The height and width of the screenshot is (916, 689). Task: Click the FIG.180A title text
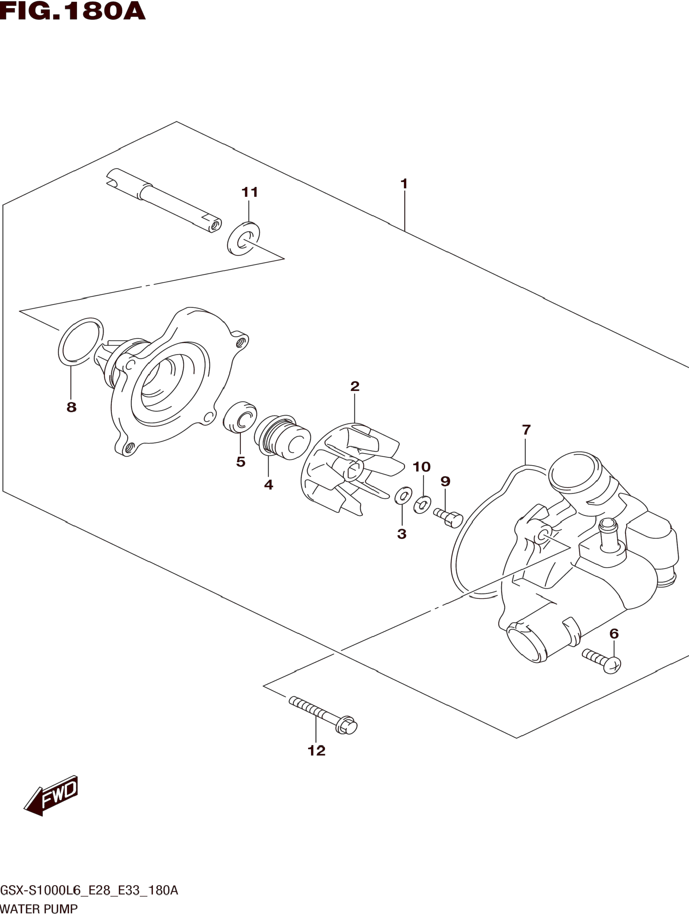pyautogui.click(x=73, y=11)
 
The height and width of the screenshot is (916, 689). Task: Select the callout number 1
pyautogui.click(x=404, y=183)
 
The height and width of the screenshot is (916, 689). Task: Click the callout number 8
pyautogui.click(x=71, y=407)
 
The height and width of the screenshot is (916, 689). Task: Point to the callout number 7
pyautogui.click(x=526, y=430)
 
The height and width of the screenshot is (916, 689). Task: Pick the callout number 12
pyautogui.click(x=316, y=750)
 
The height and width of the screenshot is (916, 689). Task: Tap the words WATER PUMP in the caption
pyautogui.click(x=39, y=909)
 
